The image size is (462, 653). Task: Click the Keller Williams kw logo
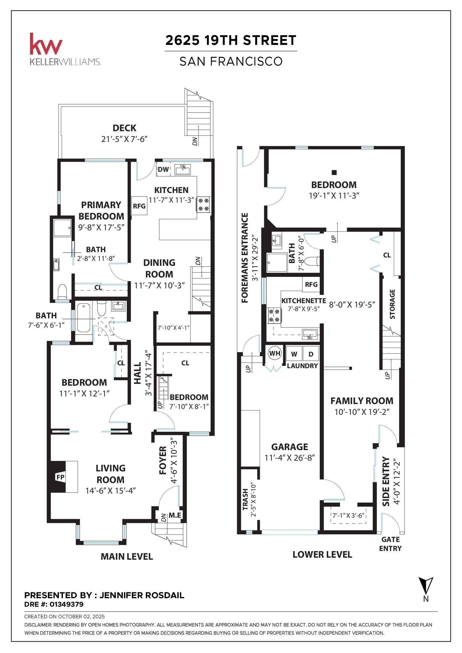tap(46, 44)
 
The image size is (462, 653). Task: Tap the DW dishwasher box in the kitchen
tap(163, 169)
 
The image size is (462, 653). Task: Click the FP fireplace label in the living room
tap(60, 477)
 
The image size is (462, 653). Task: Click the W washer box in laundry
tap(294, 354)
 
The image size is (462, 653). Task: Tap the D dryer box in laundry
tap(311, 354)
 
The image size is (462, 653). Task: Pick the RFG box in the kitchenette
tap(311, 285)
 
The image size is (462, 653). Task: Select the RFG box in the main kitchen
tap(139, 206)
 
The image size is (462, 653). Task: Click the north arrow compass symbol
tap(426, 586)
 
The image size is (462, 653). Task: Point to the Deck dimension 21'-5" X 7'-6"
tap(124, 139)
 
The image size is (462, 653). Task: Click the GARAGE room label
tap(290, 447)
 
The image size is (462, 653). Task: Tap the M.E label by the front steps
tap(175, 515)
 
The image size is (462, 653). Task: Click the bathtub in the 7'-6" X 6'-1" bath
tap(84, 318)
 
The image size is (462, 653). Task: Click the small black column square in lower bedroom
tap(334, 172)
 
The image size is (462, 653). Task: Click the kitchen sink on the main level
tap(183, 169)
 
